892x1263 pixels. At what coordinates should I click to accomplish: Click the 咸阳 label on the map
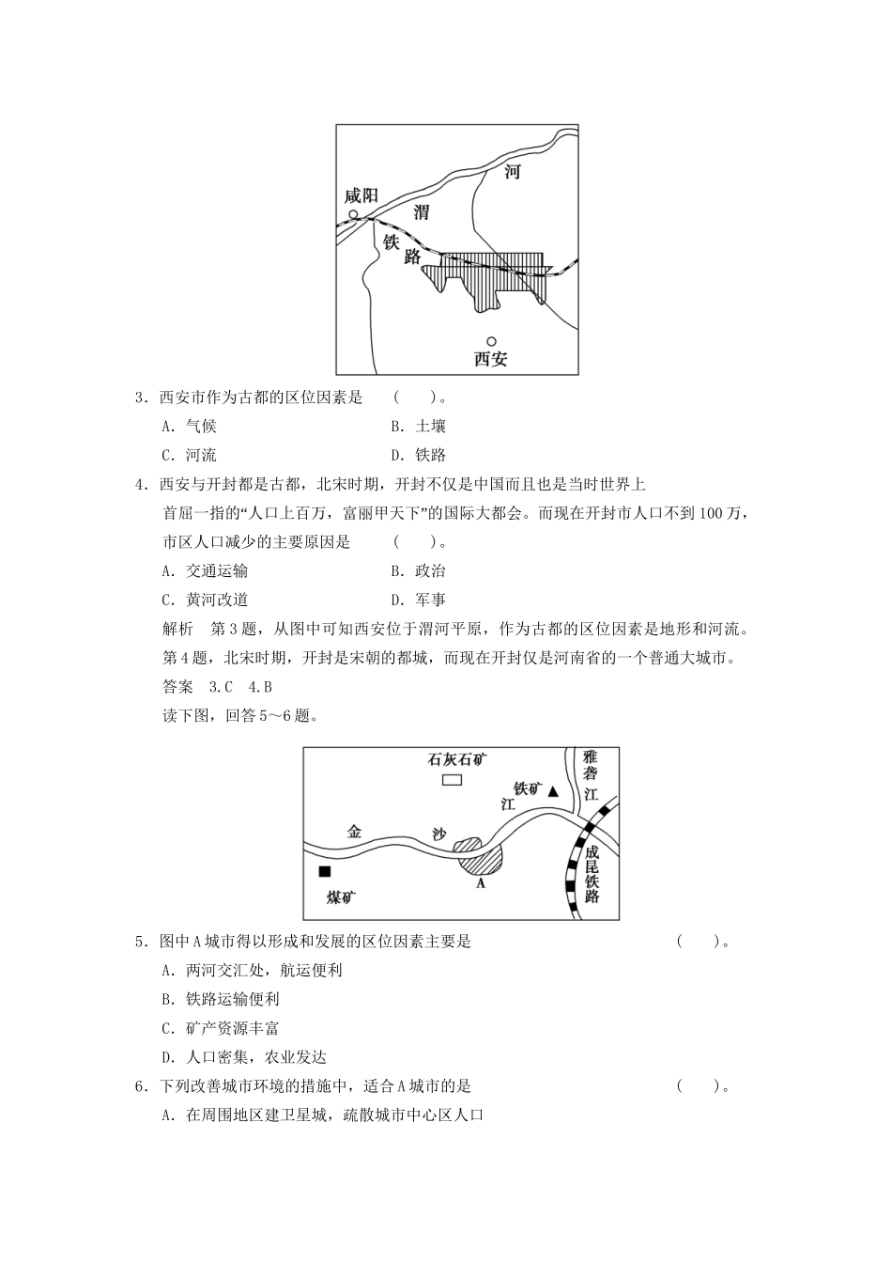tap(361, 195)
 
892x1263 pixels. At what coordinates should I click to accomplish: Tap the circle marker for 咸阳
tap(353, 215)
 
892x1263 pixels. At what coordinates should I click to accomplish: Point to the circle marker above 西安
tap(490, 341)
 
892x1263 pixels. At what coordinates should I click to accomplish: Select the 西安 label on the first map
tap(490, 359)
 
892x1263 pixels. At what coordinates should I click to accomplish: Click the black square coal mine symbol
tap(324, 871)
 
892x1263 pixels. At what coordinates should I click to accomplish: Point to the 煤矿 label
tap(341, 897)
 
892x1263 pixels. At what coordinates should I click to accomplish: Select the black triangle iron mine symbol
tap(554, 791)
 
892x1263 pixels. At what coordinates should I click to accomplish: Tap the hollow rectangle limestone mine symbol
tap(453, 779)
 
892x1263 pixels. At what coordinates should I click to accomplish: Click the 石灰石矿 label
tap(457, 758)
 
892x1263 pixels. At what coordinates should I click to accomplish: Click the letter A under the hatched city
tap(480, 883)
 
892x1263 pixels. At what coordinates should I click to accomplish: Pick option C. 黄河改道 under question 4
tap(205, 600)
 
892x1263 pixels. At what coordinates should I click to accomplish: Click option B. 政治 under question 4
tap(419, 570)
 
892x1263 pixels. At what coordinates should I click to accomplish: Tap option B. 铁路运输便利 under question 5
tap(220, 999)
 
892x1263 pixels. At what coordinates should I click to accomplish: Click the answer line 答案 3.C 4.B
tap(217, 687)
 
